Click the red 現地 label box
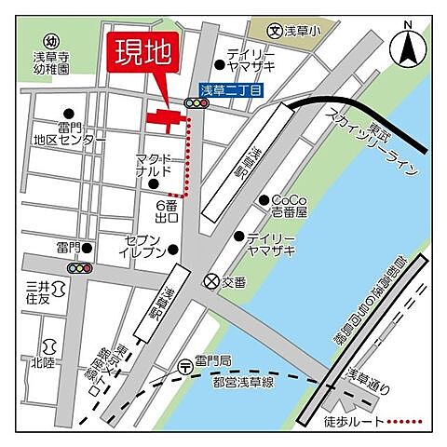(x=142, y=54)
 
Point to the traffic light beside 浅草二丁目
(x=195, y=104)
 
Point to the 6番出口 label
(x=168, y=210)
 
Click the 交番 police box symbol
(x=212, y=279)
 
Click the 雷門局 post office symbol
(x=186, y=365)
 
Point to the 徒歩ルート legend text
(x=359, y=421)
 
